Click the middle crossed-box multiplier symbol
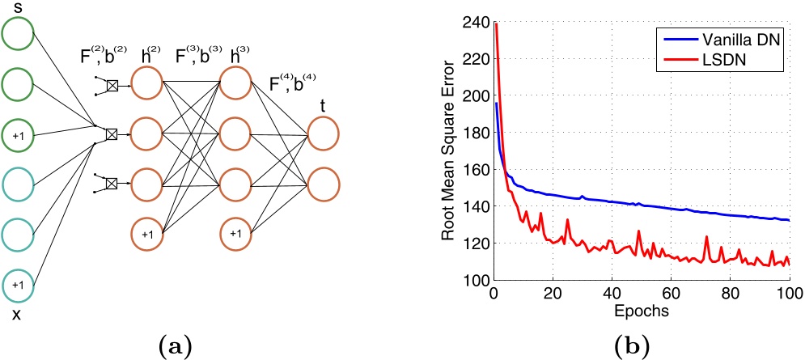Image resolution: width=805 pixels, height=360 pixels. click(x=112, y=134)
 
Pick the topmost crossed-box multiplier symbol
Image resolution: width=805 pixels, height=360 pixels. click(x=112, y=84)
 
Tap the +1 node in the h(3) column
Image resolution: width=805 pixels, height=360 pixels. click(x=235, y=234)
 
